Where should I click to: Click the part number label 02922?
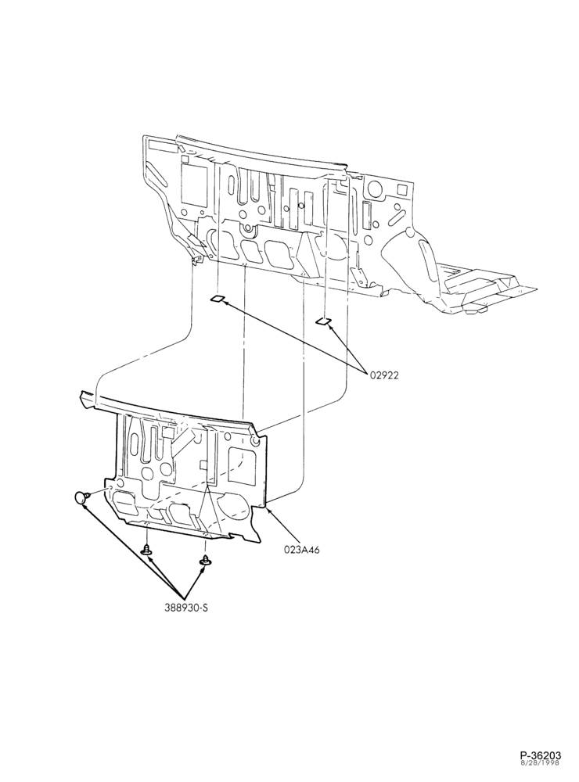point(384,375)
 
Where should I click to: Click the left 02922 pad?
point(217,299)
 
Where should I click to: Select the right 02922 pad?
point(323,321)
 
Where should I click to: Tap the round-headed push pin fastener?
point(81,497)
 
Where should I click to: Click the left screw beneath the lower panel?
point(147,551)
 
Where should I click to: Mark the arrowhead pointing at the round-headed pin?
point(85,506)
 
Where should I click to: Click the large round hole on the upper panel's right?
point(372,188)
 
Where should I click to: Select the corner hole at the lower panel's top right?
point(255,442)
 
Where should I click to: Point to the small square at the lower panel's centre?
point(203,465)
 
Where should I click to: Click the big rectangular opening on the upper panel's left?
point(194,184)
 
